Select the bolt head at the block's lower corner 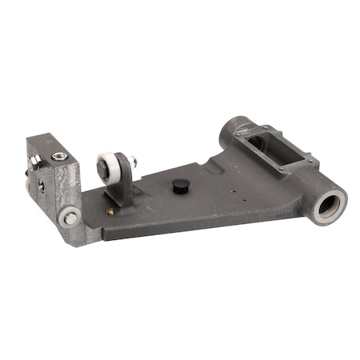(70, 217)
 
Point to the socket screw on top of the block (58, 157)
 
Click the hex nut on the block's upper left (34, 162)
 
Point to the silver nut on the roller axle (132, 163)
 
